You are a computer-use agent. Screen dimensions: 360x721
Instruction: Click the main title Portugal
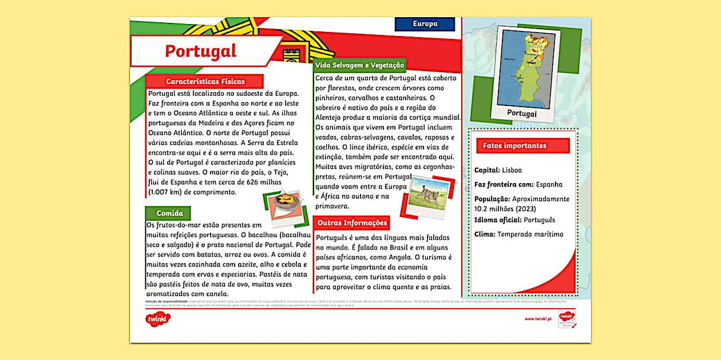click(x=200, y=51)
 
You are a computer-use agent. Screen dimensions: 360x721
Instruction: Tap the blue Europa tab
click(x=425, y=24)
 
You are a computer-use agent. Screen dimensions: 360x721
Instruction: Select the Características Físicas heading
click(x=205, y=81)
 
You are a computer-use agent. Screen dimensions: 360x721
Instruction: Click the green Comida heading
click(x=169, y=213)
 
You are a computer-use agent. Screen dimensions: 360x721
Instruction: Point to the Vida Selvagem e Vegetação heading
click(x=359, y=65)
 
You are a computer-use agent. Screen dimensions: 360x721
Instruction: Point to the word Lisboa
click(x=512, y=170)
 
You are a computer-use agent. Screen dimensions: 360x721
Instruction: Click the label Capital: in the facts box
click(x=487, y=170)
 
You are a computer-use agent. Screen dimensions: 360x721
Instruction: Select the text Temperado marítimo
click(x=530, y=234)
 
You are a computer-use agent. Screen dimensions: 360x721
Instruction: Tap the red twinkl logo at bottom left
click(x=158, y=319)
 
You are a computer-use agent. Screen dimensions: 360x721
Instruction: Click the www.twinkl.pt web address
click(x=537, y=319)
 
